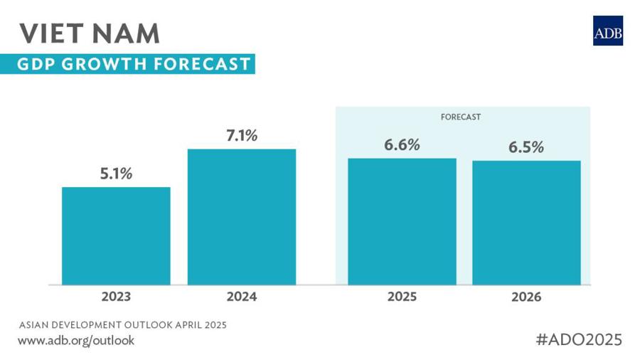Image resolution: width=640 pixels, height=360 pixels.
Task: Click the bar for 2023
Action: tap(116, 235)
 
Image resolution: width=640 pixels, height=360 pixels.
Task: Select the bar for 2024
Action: tap(242, 216)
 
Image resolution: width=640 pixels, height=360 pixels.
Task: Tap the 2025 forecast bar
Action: tap(402, 221)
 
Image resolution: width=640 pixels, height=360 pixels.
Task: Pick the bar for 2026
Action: tap(526, 223)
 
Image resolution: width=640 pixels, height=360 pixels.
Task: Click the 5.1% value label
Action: tap(116, 173)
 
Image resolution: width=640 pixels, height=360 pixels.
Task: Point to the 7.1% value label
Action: tap(242, 135)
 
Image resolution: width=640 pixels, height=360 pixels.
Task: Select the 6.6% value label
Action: tap(402, 144)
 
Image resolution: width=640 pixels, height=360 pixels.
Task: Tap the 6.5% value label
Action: tap(526, 147)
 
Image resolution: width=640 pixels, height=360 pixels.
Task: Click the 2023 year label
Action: tap(116, 296)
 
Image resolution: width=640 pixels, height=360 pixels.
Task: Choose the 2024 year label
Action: tap(242, 296)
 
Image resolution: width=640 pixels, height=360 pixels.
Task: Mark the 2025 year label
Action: tap(402, 296)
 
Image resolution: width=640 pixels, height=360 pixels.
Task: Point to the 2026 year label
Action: tap(526, 297)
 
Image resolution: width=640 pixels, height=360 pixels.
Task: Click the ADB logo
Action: tap(607, 31)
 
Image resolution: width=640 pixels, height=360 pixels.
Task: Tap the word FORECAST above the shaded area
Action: tap(462, 117)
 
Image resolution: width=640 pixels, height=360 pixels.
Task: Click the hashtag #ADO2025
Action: tap(579, 339)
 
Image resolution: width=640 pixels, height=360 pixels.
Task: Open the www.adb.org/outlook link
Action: tap(75, 340)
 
